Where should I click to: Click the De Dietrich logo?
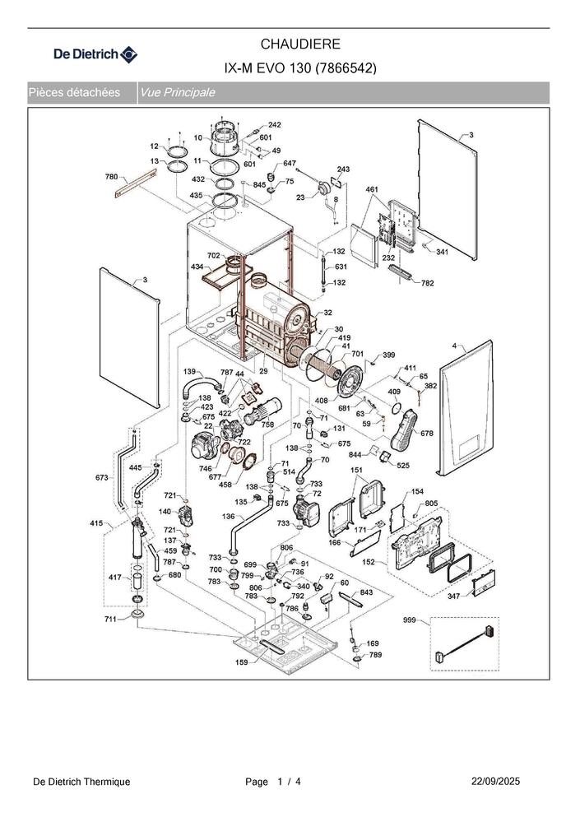coord(95,54)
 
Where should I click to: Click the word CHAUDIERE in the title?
coord(300,44)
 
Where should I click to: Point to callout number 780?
coord(112,177)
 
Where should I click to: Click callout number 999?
coord(410,620)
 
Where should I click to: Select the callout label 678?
coord(427,433)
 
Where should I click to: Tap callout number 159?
coord(242,662)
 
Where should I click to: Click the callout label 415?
coord(96,522)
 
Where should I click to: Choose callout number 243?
coord(343,169)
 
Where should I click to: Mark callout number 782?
coord(427,283)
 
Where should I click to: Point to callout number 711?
coord(110,619)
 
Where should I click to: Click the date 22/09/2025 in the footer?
coord(495,782)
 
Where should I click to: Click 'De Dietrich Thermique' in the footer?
coord(81,782)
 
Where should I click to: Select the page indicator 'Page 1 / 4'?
coord(273,782)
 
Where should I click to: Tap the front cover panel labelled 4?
coord(466,407)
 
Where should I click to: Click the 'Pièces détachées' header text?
coord(74,93)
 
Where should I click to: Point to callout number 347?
coord(454,596)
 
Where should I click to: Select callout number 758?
coord(268,425)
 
